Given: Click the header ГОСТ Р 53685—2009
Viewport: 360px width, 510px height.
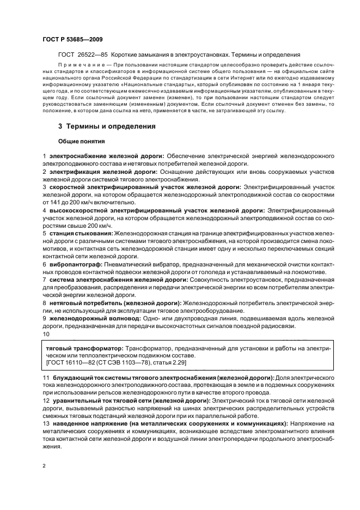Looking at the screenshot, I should [72, 39].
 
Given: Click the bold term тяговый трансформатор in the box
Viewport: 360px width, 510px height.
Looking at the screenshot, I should [84, 347].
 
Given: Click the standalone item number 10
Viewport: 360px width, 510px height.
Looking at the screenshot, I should [46, 334].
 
